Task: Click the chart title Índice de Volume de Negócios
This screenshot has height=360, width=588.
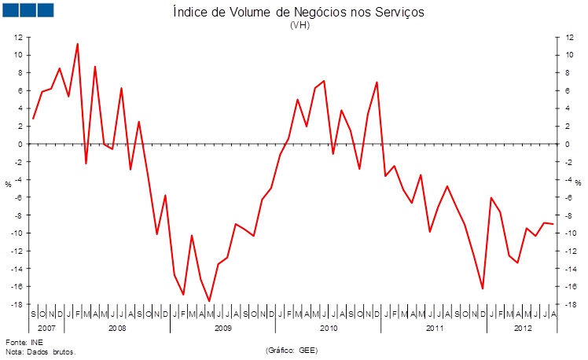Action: tap(300, 13)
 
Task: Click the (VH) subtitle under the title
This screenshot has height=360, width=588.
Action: tap(300, 25)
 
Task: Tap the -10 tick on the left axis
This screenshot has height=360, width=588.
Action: tap(16, 233)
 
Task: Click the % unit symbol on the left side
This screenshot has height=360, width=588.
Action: tap(9, 184)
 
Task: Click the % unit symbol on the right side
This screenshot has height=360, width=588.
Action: tap(578, 184)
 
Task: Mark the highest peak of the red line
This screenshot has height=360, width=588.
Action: tap(77, 44)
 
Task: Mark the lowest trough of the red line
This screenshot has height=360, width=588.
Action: tap(209, 301)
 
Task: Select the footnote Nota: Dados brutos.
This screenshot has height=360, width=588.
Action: tap(40, 352)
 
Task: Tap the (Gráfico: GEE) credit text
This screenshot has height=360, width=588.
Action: tap(292, 349)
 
